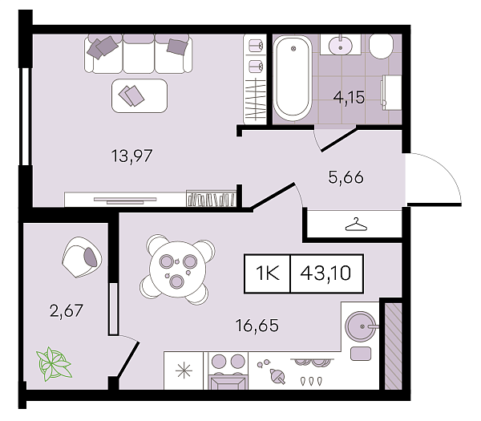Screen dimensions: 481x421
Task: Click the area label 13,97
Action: point(131,156)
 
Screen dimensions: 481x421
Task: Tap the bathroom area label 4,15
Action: point(349,98)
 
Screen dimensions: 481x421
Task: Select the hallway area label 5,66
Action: point(346,177)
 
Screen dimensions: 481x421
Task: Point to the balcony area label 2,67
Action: point(67,310)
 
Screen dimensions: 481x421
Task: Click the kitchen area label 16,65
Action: point(257,326)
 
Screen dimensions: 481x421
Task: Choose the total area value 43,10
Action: point(325,273)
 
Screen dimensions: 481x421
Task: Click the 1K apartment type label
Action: point(268,273)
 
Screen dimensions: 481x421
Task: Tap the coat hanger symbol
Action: point(356,224)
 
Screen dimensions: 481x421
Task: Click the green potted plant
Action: point(54,364)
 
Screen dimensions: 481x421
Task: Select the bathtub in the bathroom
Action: point(293,79)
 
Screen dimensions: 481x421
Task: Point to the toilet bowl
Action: point(381,46)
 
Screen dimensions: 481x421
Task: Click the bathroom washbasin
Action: point(340,46)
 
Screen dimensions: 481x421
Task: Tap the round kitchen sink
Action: point(361,326)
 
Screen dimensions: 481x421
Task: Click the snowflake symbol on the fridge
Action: point(184,370)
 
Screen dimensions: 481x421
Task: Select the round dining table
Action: point(177,269)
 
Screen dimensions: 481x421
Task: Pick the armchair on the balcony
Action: point(82,257)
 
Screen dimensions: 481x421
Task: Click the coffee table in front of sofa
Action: point(139,95)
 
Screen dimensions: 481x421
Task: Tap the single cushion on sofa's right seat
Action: point(177,47)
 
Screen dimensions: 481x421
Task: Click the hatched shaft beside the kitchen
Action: point(394,346)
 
